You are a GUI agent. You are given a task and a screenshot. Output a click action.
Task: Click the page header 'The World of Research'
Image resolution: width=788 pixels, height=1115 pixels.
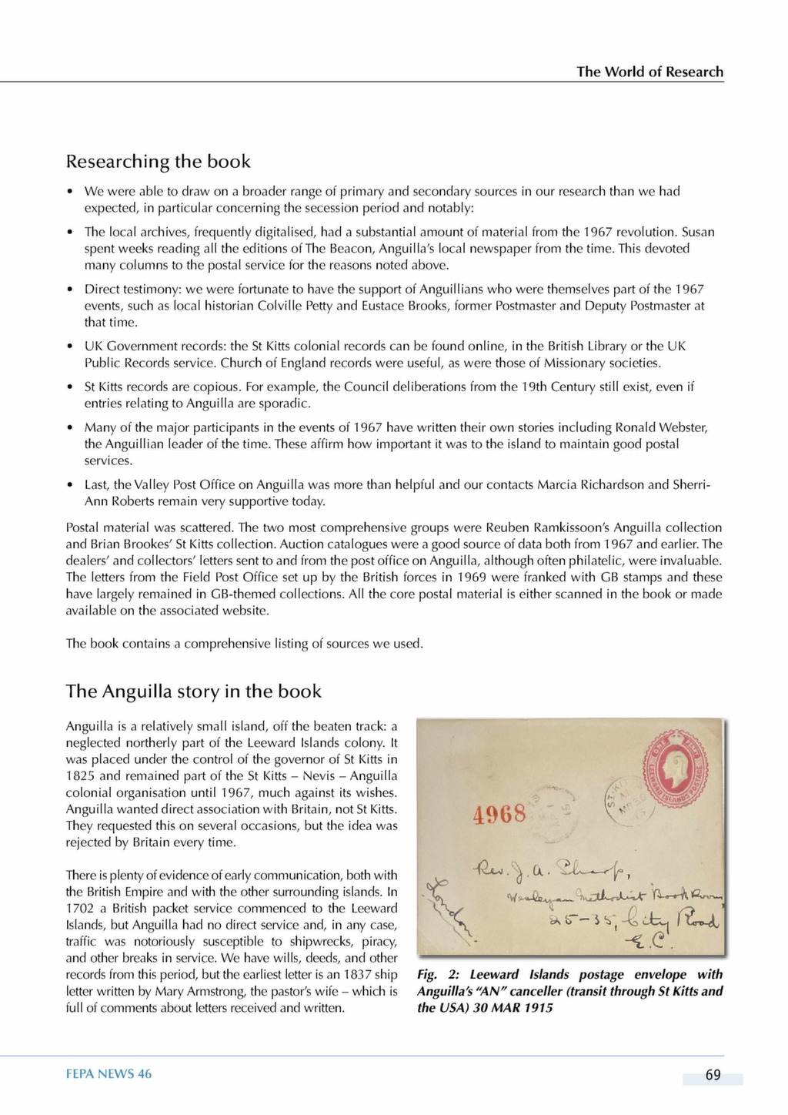(x=649, y=72)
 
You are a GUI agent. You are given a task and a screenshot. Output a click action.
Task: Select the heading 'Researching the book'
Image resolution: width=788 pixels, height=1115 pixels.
(x=158, y=162)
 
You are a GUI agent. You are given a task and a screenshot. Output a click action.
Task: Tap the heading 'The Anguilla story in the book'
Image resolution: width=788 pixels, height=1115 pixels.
(x=193, y=691)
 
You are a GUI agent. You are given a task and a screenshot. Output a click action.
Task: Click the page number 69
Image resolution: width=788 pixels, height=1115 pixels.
(x=713, y=1075)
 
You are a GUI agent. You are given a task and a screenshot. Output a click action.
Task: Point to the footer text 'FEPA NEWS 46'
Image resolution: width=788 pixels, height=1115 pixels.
(x=109, y=1074)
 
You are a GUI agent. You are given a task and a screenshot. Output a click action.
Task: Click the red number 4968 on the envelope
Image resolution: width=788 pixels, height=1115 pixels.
(x=499, y=814)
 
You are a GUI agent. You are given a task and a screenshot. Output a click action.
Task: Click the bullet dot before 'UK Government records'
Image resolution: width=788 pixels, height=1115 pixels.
(x=70, y=347)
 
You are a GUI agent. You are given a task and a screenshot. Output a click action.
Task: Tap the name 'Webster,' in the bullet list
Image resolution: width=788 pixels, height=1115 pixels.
(x=683, y=427)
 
